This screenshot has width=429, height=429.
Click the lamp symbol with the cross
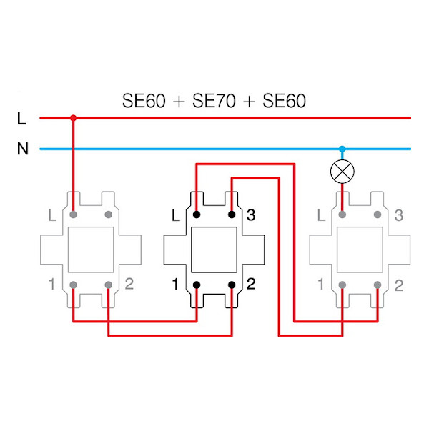coord(342,172)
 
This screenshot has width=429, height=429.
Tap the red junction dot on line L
coord(73,117)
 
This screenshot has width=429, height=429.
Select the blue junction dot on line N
coord(342,149)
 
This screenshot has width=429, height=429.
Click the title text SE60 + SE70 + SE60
coord(214,101)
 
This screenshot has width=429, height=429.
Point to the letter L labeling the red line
coord(21,118)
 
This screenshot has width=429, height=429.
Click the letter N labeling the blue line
coord(21,149)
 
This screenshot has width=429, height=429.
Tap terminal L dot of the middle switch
coord(197,214)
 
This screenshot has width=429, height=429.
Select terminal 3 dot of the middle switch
coord(232,214)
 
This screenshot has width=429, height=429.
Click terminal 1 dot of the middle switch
coord(197,285)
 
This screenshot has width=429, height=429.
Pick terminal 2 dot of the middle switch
coord(232,285)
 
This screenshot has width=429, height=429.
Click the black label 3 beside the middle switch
coord(251,214)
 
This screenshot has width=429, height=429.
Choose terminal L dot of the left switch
coord(73,214)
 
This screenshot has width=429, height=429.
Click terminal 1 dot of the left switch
coord(73,285)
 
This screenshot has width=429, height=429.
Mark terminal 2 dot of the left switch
coord(108,285)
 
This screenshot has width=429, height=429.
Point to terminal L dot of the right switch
coord(342,214)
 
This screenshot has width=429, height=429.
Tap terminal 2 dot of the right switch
coord(378,285)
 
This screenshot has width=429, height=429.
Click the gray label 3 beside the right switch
coord(398,214)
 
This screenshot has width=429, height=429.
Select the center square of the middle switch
coord(214,250)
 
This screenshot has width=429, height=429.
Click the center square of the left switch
coord(90,250)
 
